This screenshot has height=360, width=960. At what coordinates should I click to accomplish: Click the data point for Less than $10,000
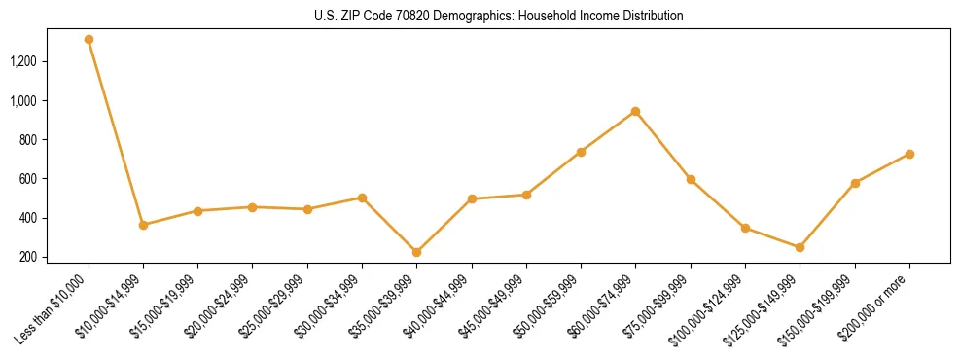pyautogui.click(x=89, y=40)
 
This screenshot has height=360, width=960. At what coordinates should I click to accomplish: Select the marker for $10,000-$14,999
pyautogui.click(x=143, y=225)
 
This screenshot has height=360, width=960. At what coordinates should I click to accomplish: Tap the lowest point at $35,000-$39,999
pyautogui.click(x=416, y=252)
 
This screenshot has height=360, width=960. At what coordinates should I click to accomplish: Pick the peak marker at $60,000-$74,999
pyautogui.click(x=635, y=111)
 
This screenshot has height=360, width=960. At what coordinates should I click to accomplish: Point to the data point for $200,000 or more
pyautogui.click(x=909, y=154)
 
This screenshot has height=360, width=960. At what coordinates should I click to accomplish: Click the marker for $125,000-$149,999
pyautogui.click(x=800, y=247)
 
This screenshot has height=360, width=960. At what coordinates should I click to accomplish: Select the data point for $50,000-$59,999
pyautogui.click(x=581, y=152)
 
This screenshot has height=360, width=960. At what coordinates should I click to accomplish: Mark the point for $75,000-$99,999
pyautogui.click(x=691, y=179)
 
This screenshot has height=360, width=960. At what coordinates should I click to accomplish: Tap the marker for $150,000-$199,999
pyautogui.click(x=855, y=183)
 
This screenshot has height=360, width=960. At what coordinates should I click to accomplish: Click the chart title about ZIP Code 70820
pyautogui.click(x=499, y=17)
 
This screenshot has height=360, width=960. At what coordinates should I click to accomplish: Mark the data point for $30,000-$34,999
pyautogui.click(x=362, y=198)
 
